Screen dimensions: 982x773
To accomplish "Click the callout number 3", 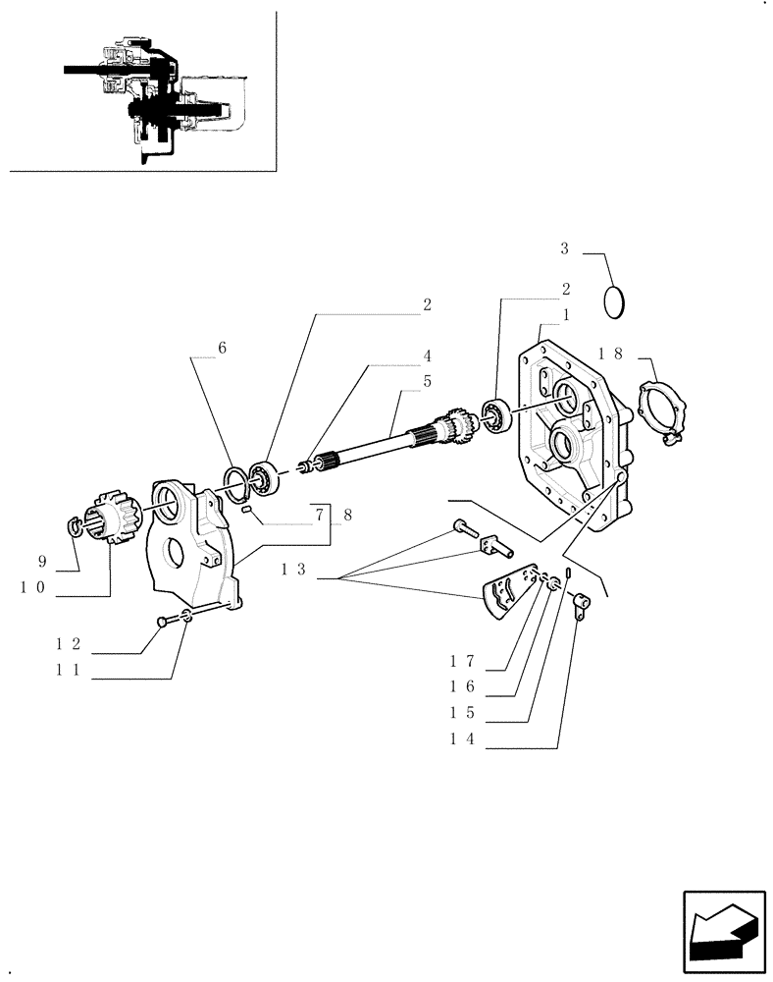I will pos(564,249).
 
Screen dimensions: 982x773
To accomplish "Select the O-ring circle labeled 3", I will pos(615,301).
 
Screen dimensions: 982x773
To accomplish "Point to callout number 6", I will pos(223,348).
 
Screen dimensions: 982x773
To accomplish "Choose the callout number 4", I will pos(428,355).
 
